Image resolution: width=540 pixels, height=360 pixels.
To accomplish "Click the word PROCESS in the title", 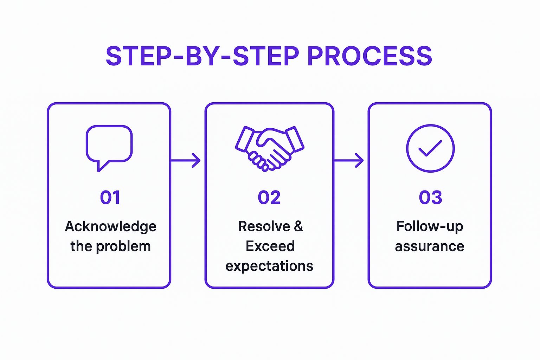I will point(369,56).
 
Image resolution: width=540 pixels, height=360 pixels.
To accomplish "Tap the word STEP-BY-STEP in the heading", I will point(202,56).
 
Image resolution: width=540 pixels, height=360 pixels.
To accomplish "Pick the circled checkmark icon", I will point(430,148).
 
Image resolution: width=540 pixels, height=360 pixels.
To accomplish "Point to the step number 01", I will point(110,197).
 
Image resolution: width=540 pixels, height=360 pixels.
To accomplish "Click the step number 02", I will point(269,197).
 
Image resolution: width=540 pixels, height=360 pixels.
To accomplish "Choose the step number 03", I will point(430,197).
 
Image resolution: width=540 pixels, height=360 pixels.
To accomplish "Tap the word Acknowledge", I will point(110,227).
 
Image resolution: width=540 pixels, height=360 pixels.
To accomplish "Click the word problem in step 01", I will point(123,246).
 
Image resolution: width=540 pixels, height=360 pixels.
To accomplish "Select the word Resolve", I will point(264,226).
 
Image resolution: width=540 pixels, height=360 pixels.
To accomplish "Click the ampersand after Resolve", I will point(298,226).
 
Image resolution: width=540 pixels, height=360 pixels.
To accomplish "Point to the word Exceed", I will point(270,246).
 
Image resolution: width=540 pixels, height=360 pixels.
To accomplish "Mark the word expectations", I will point(269,266).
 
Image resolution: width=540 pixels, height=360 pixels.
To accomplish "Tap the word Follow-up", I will point(430,227).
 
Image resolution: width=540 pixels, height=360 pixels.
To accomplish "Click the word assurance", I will point(430,246).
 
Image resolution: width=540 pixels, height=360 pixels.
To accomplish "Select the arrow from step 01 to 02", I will point(186,160).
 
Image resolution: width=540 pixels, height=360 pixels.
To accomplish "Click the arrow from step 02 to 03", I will point(349,160).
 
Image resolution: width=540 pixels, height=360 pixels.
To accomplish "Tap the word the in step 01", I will point(81,246).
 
